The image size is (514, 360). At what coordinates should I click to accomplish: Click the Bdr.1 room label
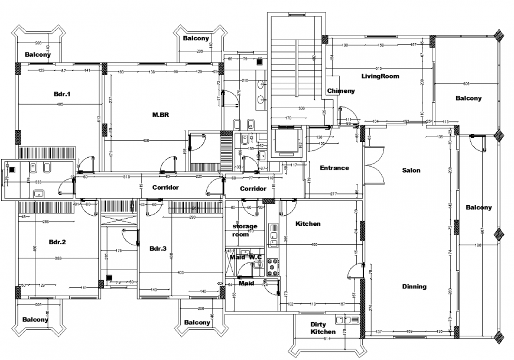(62, 94)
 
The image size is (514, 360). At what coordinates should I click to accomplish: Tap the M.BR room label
(160, 115)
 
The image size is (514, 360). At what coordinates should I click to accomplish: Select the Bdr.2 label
(57, 242)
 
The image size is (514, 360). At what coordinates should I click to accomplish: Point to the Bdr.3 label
(158, 248)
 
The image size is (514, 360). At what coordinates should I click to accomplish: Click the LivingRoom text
(380, 76)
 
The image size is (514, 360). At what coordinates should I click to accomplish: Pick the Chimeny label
(341, 90)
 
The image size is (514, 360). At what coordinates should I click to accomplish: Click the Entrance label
(334, 168)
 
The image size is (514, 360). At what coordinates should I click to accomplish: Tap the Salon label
(411, 170)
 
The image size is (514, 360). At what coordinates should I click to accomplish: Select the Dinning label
(414, 287)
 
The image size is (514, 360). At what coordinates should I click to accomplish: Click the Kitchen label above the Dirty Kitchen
(308, 223)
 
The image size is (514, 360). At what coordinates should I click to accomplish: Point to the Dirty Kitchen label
(323, 328)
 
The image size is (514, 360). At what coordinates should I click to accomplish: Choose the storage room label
(245, 230)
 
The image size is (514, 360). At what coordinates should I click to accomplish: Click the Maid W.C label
(246, 257)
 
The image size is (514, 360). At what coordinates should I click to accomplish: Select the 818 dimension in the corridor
(126, 177)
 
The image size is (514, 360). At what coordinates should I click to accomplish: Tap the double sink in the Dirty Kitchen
(343, 320)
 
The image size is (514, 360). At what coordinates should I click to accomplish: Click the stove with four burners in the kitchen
(274, 267)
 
